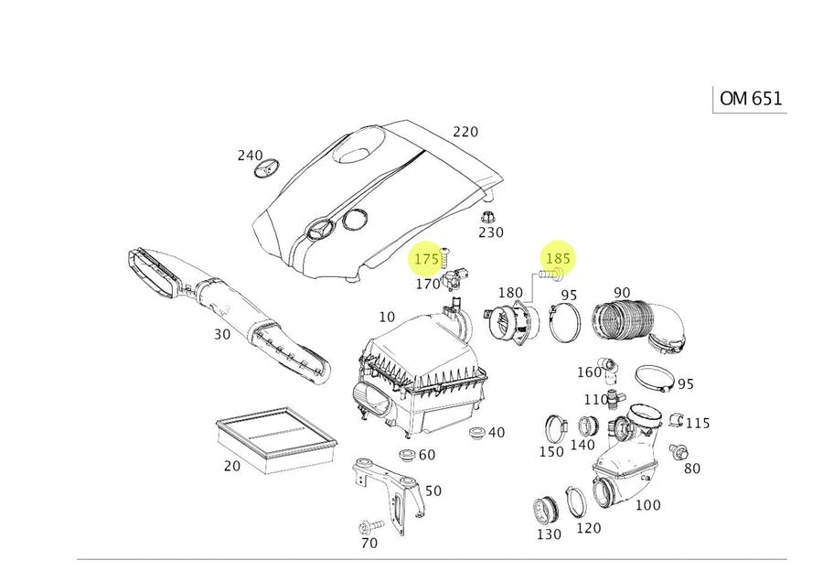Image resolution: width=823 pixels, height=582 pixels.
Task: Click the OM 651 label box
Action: coord(750,99)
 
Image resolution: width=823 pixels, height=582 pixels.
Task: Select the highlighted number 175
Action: coord(426,260)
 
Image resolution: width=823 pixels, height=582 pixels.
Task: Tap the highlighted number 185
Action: coord(558,258)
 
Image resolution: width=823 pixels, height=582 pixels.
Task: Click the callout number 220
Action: coord(465,132)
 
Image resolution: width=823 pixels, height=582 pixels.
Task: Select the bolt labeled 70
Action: coord(372,526)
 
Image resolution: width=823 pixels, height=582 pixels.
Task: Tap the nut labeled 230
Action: coord(488,217)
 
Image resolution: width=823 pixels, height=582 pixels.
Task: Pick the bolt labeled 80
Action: coord(679,452)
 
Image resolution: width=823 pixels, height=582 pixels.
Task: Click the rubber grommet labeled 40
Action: coord(475,431)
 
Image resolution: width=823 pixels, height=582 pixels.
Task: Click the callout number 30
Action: coord(222,334)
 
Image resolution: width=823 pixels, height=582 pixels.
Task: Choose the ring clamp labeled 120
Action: coord(576,501)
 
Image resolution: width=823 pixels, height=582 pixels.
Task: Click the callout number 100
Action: coord(647,505)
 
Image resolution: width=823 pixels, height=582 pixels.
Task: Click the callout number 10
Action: coord(387,318)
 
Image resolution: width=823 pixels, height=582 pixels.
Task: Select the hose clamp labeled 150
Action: coord(553,426)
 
